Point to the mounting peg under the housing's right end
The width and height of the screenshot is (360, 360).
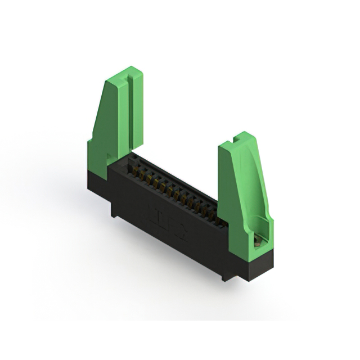coord(225,276)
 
